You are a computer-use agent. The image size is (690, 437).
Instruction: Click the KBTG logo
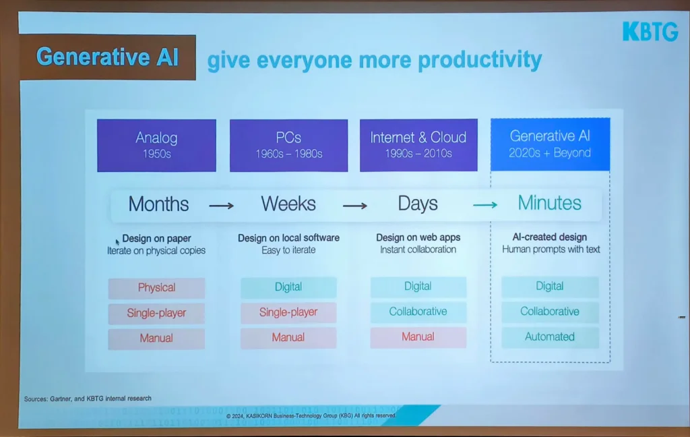[650, 32]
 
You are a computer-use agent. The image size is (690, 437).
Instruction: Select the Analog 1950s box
[156, 146]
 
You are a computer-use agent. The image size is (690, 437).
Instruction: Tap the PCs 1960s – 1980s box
[288, 146]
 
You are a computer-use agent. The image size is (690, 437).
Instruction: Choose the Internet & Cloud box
[418, 145]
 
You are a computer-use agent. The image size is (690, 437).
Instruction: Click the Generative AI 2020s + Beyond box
[550, 144]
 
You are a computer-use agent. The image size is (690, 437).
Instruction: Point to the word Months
[158, 204]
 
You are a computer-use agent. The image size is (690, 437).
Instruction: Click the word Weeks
[288, 204]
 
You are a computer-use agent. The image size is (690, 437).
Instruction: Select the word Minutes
[549, 202]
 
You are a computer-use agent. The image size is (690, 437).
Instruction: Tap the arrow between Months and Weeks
[221, 205]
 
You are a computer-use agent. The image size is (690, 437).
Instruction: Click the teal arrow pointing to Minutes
[485, 204]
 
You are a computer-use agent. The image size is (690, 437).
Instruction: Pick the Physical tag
[156, 288]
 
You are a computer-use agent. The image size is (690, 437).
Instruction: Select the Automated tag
[550, 337]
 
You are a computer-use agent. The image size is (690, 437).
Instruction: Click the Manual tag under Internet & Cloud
[418, 337]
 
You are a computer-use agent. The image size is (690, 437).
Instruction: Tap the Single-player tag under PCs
[288, 312]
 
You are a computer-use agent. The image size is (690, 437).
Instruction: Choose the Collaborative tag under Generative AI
[550, 312]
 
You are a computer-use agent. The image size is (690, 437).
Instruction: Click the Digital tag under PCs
[288, 287]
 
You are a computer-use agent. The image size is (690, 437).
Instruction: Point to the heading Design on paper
[156, 238]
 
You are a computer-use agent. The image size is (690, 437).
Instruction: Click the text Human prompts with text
[551, 250]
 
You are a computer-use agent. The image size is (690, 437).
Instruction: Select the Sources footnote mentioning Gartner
[88, 399]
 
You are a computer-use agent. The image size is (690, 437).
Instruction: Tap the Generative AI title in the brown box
[107, 57]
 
